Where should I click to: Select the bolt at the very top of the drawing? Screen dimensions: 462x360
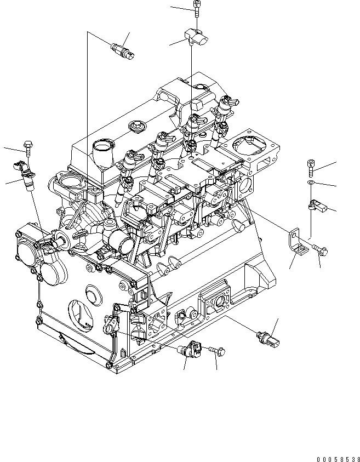196,8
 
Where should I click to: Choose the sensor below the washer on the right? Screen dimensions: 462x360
316,206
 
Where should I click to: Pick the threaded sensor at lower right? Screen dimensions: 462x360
268,338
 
